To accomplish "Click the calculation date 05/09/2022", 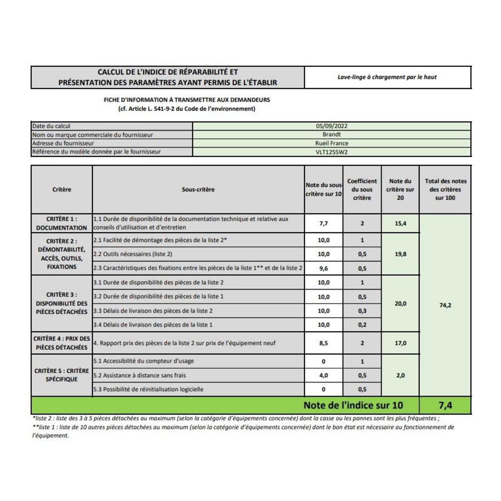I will tap(331, 126).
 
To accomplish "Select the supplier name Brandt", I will tap(331, 134).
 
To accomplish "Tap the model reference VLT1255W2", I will tap(331, 152).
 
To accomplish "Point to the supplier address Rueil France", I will tap(331, 143).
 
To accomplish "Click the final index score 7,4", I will tap(445, 405).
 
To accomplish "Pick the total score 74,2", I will tap(445, 305).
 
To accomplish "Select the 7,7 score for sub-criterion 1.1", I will tap(324, 223).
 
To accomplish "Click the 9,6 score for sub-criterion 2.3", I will tap(324, 268).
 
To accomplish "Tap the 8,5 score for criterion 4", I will tap(324, 343).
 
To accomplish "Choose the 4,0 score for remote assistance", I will tap(324, 375).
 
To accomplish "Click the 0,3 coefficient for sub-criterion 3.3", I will tap(362, 311).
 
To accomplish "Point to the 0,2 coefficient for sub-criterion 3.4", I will tap(362, 325).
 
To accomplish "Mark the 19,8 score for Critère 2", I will tap(400, 254).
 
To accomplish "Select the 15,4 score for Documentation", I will tap(400, 223).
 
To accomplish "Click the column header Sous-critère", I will tap(198, 190).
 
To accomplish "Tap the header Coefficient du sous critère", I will tap(362, 190).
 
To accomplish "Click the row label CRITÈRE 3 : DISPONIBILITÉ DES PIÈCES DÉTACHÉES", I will tap(62, 303).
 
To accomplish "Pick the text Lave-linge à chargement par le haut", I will tap(387, 77).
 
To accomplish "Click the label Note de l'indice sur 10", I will tap(353, 405).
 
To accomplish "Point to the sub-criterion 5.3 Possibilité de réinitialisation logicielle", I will tap(148, 389).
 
